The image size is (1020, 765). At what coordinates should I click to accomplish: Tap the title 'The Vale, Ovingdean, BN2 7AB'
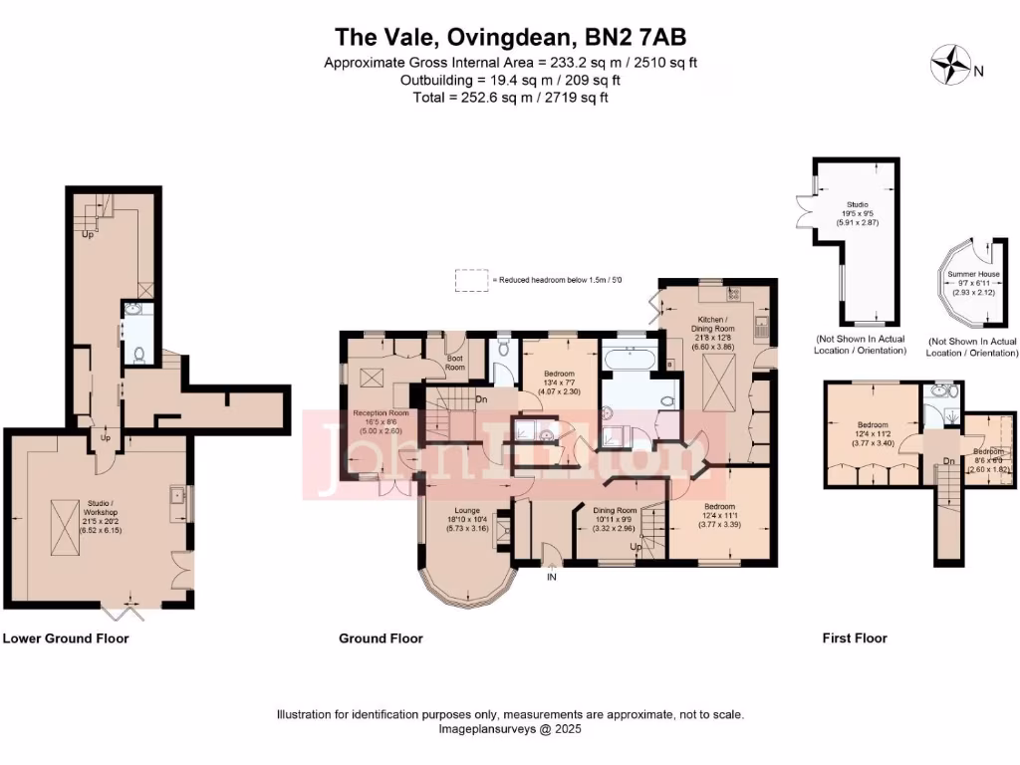[x=510, y=38]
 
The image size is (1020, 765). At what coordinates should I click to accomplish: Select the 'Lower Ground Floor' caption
[x=66, y=638]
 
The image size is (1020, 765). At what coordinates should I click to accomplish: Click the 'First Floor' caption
[x=855, y=638]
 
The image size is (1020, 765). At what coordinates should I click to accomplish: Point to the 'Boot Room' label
[x=455, y=364]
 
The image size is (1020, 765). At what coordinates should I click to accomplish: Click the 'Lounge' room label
[x=467, y=511]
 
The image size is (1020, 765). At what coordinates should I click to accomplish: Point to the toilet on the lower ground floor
[x=139, y=352]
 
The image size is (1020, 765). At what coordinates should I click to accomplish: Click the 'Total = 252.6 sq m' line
[x=510, y=98]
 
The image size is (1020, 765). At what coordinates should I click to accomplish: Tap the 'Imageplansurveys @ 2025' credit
[x=510, y=729]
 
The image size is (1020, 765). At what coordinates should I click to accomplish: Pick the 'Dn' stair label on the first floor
[x=948, y=462]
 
